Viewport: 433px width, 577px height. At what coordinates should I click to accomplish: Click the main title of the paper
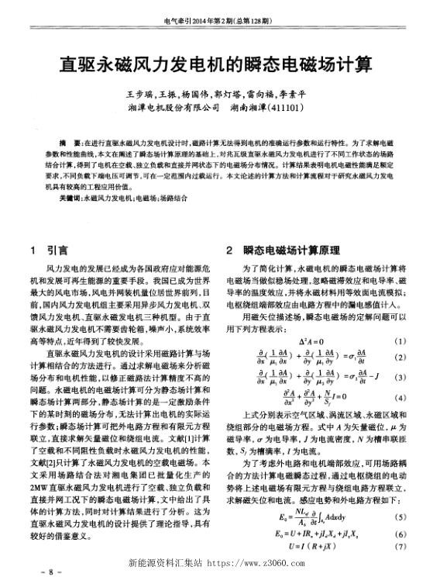coord(216,62)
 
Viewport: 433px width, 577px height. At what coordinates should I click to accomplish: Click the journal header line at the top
coord(216,22)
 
